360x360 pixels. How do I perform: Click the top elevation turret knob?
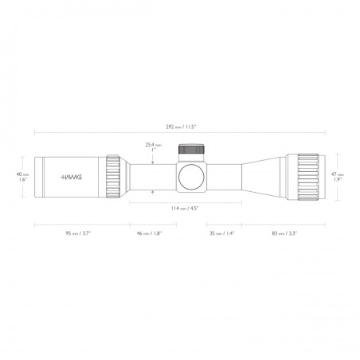[x=190, y=148]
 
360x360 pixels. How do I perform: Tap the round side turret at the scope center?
[x=191, y=177]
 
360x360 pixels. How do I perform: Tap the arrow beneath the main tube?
[x=153, y=192]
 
